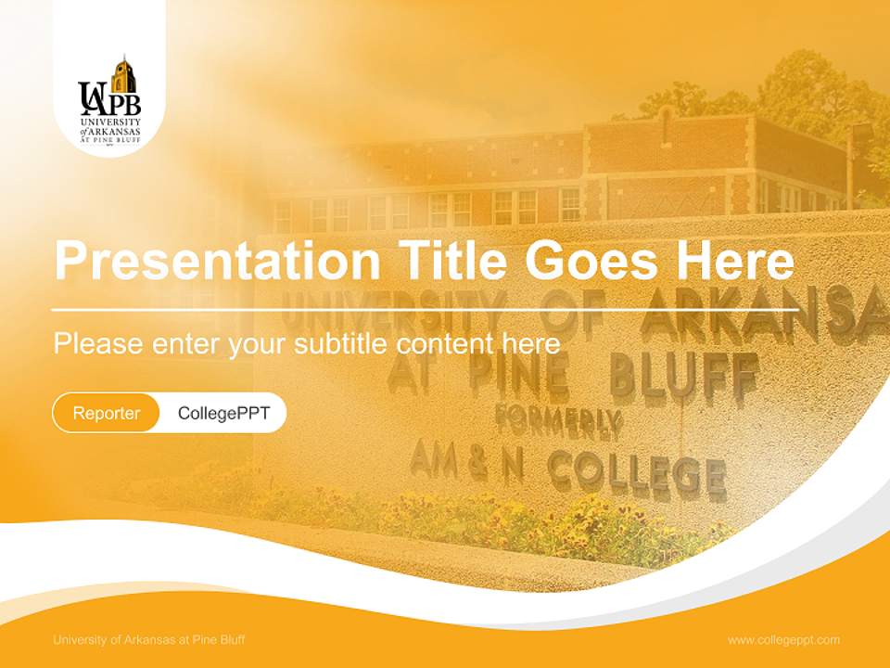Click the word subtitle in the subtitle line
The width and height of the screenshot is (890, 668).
point(343,344)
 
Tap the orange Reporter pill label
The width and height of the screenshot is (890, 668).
point(106,414)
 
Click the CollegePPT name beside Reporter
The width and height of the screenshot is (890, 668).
point(223,414)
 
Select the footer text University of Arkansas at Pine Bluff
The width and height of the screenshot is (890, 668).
point(149,640)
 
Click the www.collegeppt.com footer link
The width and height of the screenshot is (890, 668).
point(783,640)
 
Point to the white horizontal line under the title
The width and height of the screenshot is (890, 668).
point(425,309)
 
